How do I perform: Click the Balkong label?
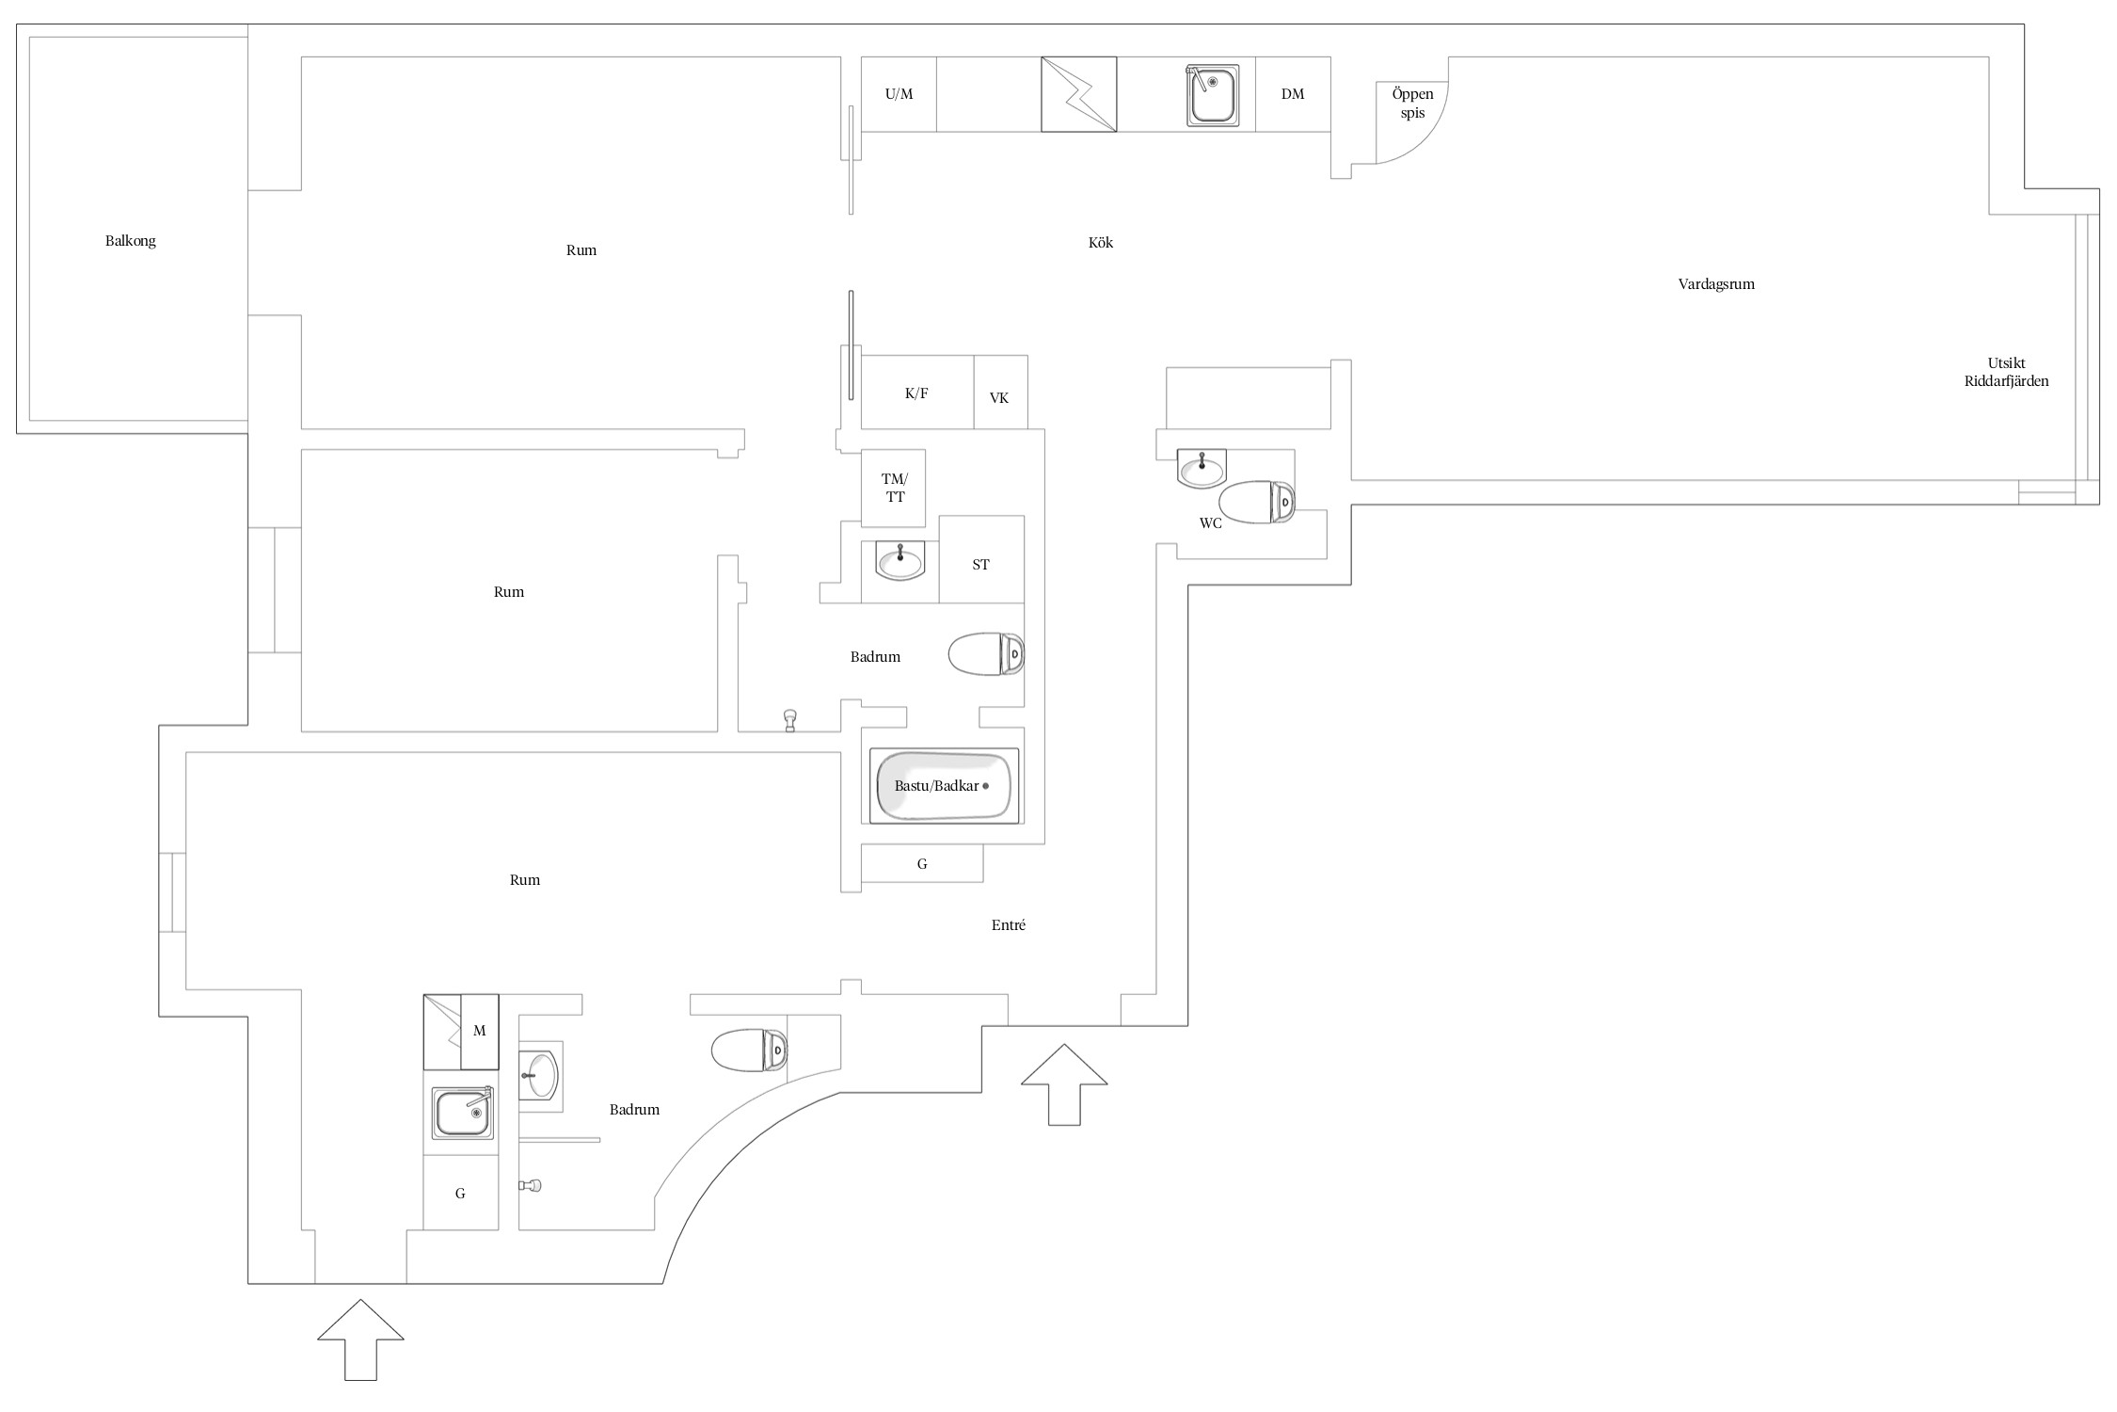(131, 241)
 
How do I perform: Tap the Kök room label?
(1101, 243)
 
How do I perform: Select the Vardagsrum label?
(1716, 284)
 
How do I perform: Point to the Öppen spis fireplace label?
(1413, 104)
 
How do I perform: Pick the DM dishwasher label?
(1293, 94)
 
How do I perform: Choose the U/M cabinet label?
(899, 94)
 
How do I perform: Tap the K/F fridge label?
(916, 393)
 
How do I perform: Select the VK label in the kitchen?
(999, 398)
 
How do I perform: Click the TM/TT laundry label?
(895, 488)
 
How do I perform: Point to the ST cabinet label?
(980, 565)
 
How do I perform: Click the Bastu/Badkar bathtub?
(944, 786)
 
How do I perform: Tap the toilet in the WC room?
(1257, 503)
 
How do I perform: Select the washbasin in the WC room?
(1202, 468)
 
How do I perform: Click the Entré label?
(1009, 925)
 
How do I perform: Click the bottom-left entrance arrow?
(360, 1340)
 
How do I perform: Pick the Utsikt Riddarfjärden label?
(2006, 373)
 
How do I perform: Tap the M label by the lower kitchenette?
(479, 1031)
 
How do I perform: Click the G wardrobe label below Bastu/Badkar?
(922, 864)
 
